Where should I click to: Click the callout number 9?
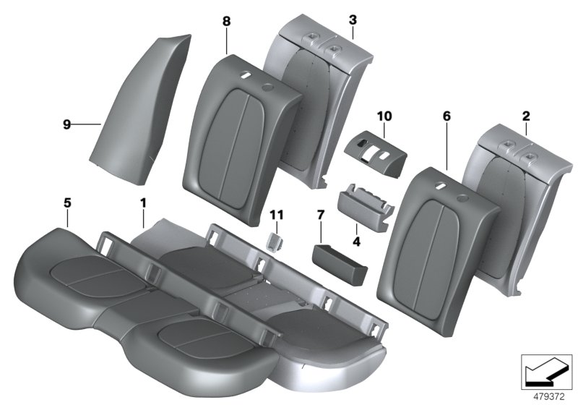point(66,124)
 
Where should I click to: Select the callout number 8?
point(226,22)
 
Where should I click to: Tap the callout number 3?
point(352,17)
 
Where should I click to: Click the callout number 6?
point(446,115)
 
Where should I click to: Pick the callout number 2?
point(525,115)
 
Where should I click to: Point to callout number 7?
point(321,216)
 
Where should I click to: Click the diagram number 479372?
point(546,396)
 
